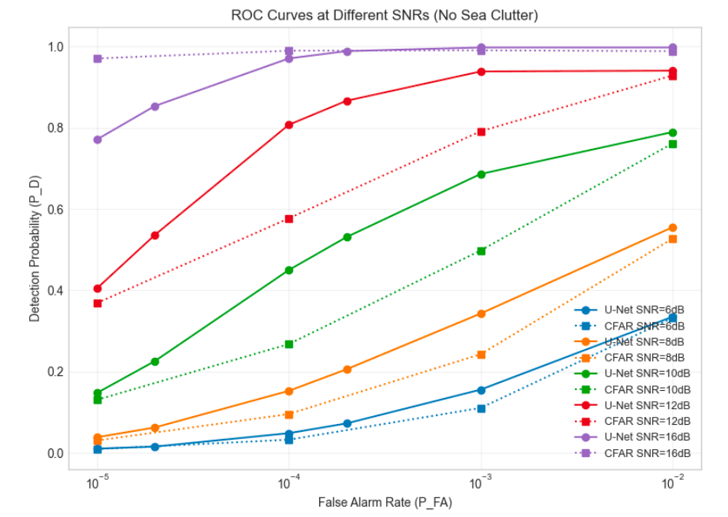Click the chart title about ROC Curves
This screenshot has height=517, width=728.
coord(384,15)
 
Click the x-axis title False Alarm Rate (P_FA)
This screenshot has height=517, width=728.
coord(384,502)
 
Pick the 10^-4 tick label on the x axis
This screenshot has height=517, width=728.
coord(289,482)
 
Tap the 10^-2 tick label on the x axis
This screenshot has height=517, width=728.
coord(672,482)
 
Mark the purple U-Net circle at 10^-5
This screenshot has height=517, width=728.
coord(98,139)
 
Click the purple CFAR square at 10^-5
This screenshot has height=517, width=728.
coord(98,58)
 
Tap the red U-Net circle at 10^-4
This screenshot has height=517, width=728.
coord(289,125)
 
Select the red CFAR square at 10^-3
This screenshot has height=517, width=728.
coord(481,132)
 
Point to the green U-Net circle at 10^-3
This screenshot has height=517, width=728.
coord(481,174)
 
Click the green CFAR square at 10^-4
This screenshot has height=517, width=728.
coord(289,344)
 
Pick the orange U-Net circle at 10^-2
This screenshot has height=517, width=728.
coord(672,228)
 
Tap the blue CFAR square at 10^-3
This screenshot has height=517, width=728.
coord(481,408)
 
